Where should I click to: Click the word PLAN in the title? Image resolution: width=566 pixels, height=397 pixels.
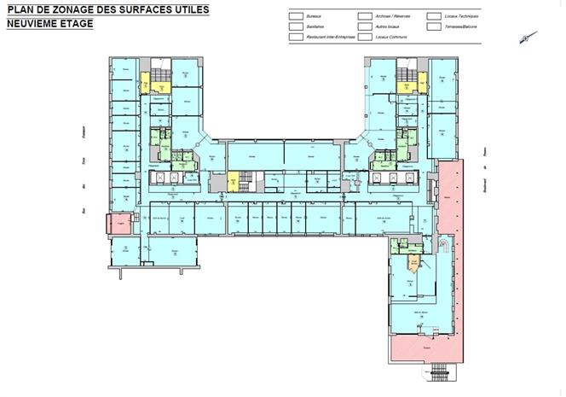(x=22, y=9)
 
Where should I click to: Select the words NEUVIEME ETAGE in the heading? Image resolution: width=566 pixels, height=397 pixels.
(x=49, y=24)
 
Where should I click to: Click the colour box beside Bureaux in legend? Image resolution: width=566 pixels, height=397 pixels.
(x=293, y=16)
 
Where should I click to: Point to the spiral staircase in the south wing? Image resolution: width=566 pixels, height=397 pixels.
(x=444, y=247)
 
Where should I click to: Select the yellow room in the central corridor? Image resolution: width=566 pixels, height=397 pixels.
(x=233, y=183)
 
